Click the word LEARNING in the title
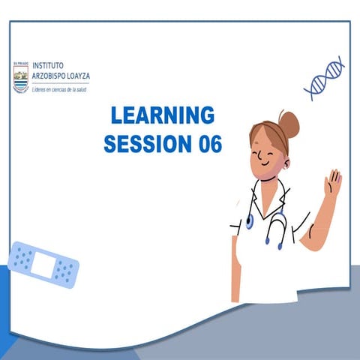162,116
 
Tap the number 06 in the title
208,144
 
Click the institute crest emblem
19,76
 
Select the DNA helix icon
323,79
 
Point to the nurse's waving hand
331,182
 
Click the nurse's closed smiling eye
260,150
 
